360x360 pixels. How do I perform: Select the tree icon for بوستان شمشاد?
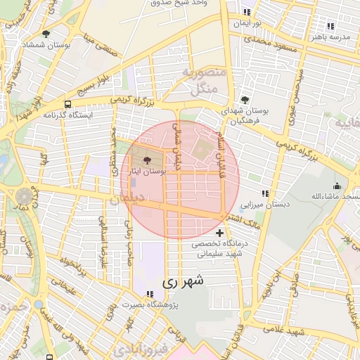(x=46, y=34)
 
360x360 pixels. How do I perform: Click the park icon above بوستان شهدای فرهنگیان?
(x=245, y=100)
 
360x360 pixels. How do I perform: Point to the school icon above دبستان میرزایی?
(x=264, y=193)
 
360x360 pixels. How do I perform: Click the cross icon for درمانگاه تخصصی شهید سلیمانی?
(x=220, y=233)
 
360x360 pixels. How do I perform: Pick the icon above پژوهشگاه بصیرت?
(x=150, y=293)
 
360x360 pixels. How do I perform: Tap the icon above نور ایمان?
(x=246, y=12)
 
